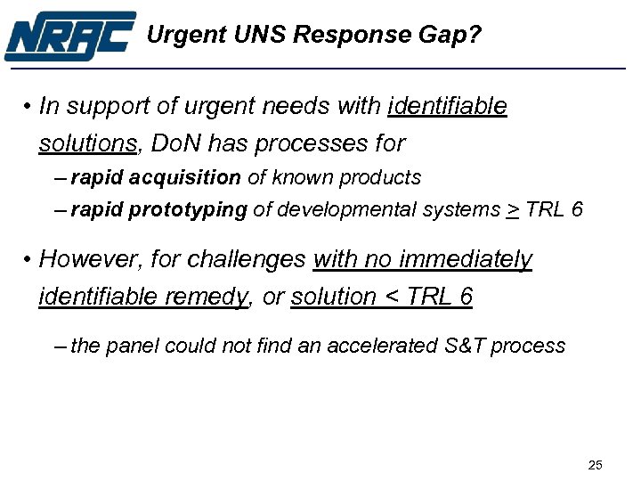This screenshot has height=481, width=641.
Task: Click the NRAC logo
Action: pos(69,36)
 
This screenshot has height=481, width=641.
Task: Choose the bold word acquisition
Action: pos(185,177)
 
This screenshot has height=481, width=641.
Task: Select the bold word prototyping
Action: pos(188,209)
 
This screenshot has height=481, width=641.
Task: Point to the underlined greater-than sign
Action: pos(513,210)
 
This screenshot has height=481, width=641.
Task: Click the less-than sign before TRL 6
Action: pos(390,297)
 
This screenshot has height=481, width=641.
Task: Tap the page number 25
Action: pos(596,464)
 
